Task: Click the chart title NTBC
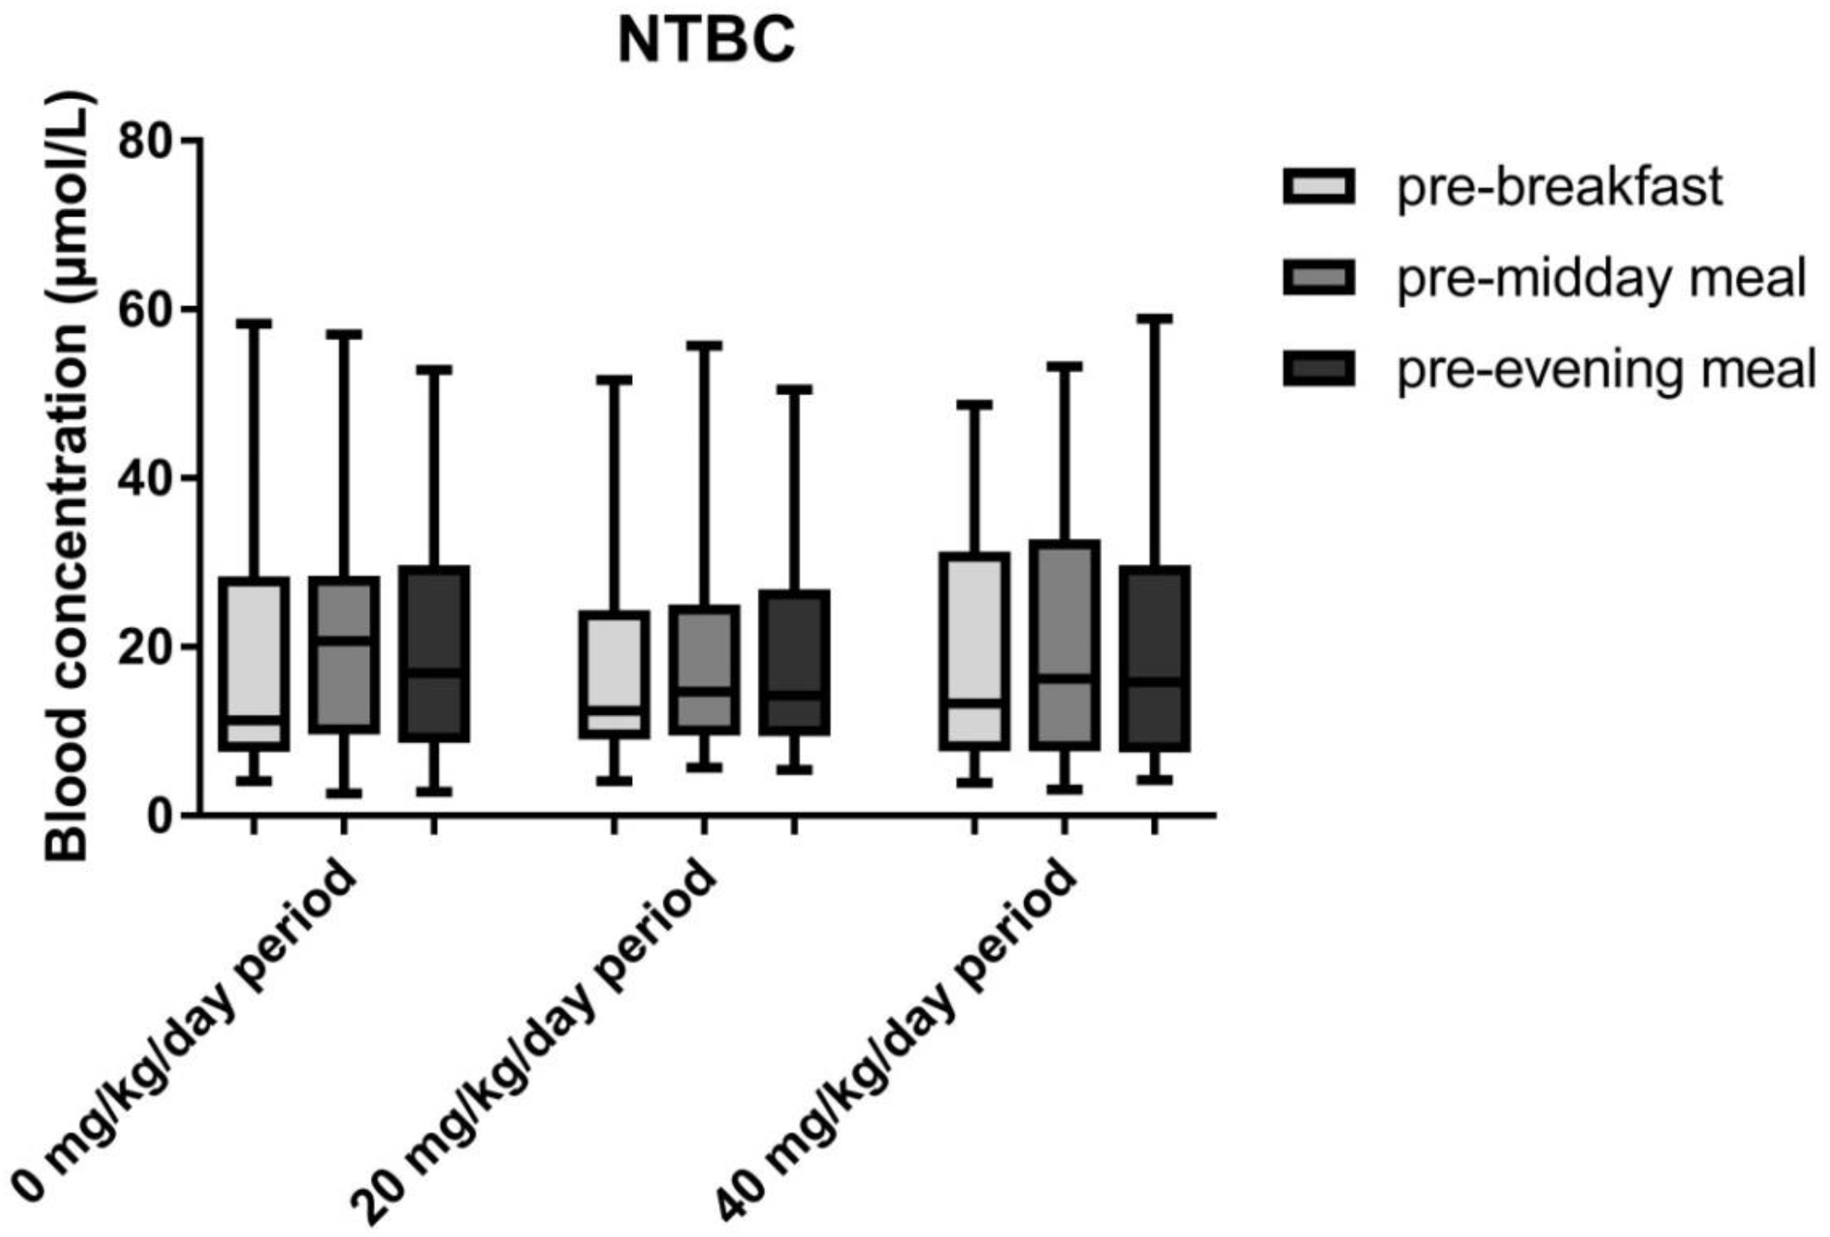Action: pos(706,41)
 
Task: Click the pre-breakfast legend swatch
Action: pos(1318,186)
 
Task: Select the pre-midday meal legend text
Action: pos(1601,278)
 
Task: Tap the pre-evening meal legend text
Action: pos(1606,368)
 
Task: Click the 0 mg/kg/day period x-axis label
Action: pos(185,1032)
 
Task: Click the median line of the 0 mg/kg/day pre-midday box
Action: pos(344,640)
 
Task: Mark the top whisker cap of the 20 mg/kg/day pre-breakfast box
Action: pos(613,380)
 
